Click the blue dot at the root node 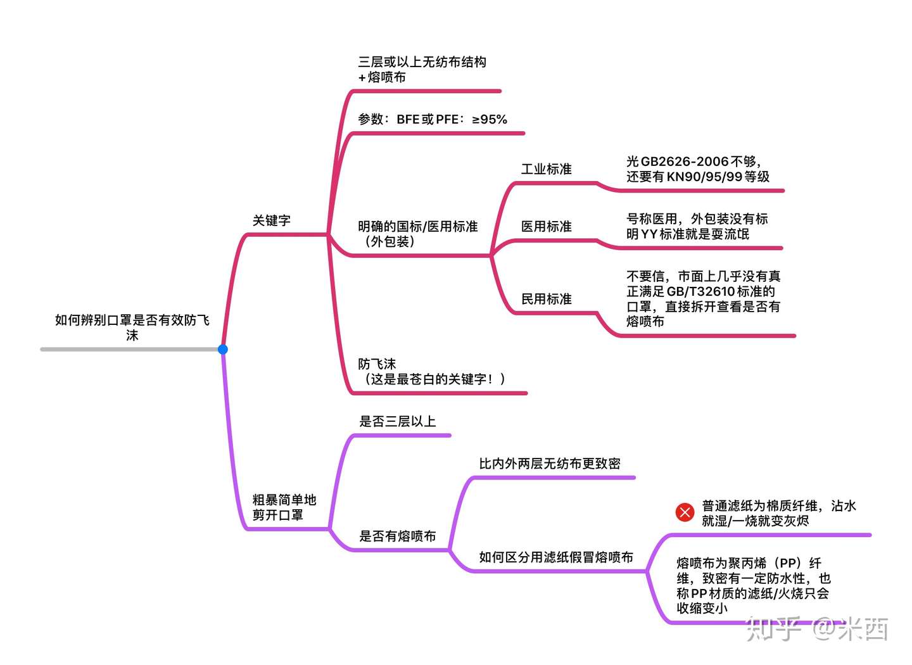[223, 349]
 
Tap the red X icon [685, 512]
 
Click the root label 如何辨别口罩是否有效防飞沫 [132, 327]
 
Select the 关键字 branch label [272, 220]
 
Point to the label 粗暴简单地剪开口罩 [284, 507]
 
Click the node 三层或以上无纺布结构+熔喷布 [422, 70]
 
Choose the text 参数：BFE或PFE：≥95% [433, 119]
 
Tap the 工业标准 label [546, 169]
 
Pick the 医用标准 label [546, 227]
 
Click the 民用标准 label [546, 299]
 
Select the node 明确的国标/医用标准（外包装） [417, 234]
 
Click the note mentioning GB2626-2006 [697, 169]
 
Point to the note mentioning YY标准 [697, 227]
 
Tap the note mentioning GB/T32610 [703, 298]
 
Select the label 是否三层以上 [398, 421]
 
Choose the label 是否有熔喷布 [398, 536]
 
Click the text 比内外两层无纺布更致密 [549, 464]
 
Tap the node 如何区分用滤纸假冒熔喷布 [555, 557]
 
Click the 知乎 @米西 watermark [817, 629]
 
